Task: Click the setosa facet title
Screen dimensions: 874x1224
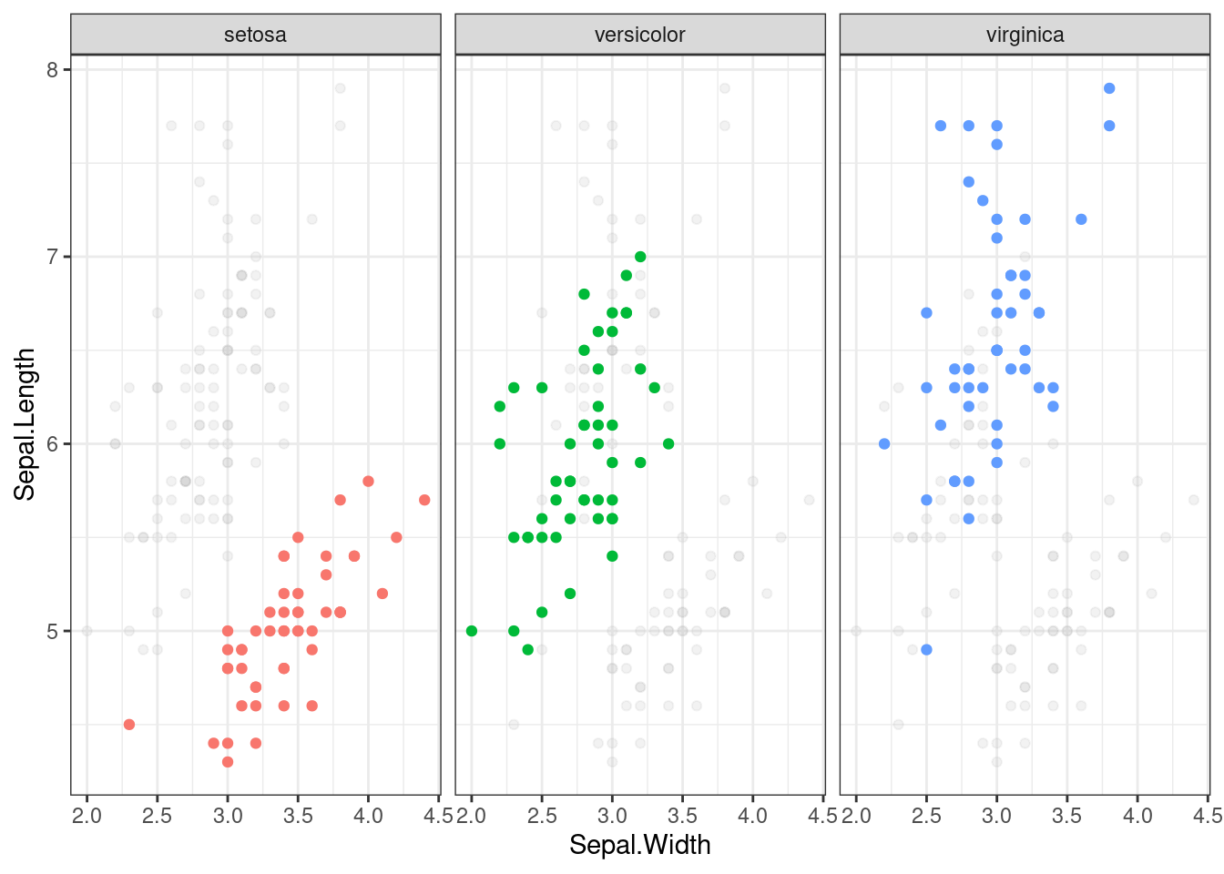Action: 255,36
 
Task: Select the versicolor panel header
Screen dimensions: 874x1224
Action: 639,36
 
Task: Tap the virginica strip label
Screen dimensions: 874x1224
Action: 1025,36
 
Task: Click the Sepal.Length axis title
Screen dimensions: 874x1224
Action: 25,424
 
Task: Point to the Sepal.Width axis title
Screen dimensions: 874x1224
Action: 639,845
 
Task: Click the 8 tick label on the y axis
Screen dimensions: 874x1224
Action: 52,70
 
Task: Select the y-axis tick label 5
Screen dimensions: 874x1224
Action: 52,631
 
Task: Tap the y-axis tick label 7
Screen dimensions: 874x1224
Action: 52,257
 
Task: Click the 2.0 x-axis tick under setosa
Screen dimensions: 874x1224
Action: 87,815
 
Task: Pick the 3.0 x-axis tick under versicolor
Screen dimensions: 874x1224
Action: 612,815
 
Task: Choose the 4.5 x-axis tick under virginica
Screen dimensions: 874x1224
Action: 1207,815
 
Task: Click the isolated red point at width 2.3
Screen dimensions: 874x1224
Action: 129,725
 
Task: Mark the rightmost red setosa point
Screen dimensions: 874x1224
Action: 424,500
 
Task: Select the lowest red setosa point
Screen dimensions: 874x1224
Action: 228,762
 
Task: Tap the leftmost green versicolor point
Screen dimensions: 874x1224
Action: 472,631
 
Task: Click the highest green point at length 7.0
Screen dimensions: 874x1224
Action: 640,257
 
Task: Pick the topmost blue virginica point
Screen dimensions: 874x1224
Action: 1109,88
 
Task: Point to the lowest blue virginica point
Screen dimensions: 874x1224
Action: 926,649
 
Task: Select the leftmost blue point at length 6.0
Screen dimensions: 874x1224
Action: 884,444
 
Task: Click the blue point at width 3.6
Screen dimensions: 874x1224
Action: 1081,219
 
